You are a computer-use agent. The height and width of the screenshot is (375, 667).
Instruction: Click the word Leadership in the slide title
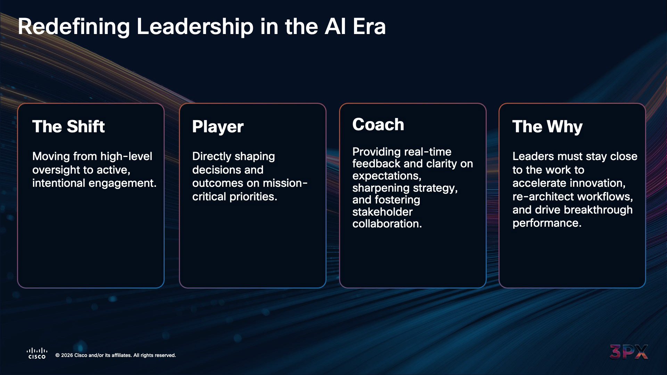195,27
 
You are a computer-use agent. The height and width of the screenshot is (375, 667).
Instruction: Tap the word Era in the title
369,27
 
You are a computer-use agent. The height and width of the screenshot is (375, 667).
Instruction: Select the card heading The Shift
68,126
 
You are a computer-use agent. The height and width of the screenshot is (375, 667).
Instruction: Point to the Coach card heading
378,125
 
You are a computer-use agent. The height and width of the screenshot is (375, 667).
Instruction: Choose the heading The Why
547,127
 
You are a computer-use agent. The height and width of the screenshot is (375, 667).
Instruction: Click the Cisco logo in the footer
37,353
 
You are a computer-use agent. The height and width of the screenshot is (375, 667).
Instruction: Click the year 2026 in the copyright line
67,355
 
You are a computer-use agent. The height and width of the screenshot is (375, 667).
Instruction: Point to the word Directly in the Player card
210,157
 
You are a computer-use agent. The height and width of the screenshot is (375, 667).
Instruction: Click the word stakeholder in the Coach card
382,212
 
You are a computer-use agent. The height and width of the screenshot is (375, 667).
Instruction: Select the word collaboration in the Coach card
387,224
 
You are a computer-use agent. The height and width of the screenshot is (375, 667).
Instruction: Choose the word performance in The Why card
547,223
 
